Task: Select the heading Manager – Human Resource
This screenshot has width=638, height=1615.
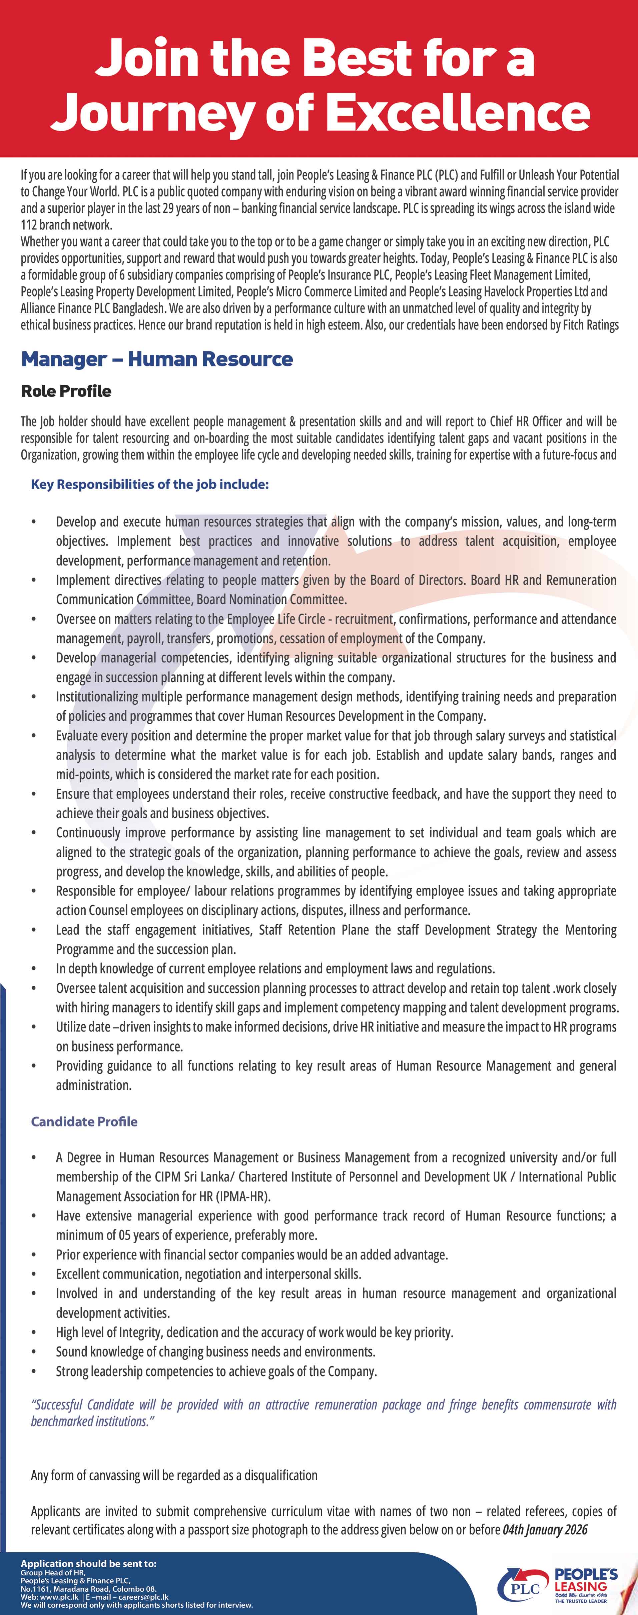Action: pyautogui.click(x=157, y=359)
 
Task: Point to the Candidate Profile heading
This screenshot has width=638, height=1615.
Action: pyautogui.click(x=84, y=1121)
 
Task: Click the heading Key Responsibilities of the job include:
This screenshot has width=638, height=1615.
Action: pyautogui.click(x=150, y=485)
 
